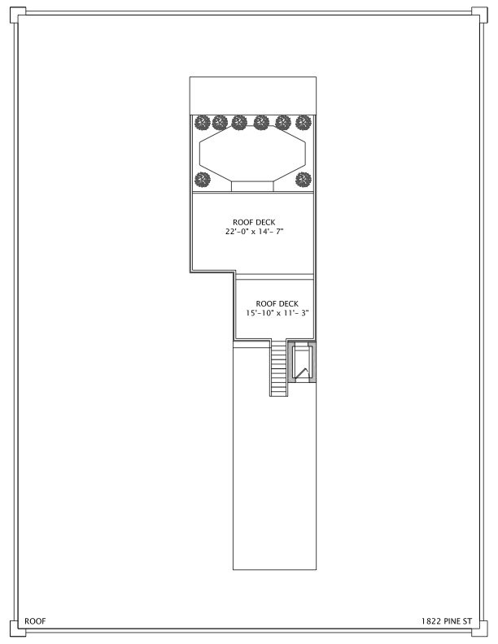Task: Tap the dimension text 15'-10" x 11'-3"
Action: click(x=277, y=313)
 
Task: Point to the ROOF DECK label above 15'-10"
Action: click(x=277, y=303)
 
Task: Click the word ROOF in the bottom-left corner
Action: click(x=35, y=620)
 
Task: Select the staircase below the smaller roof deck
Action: click(x=279, y=368)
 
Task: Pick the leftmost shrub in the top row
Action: click(x=201, y=123)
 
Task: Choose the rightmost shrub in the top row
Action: click(x=304, y=123)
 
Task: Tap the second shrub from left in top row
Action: click(x=220, y=123)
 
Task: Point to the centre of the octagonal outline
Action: click(x=252, y=156)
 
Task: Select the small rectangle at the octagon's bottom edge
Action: click(x=252, y=186)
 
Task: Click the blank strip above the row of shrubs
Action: click(x=252, y=96)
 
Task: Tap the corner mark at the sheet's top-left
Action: click(x=15, y=15)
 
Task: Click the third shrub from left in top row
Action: click(x=239, y=123)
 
